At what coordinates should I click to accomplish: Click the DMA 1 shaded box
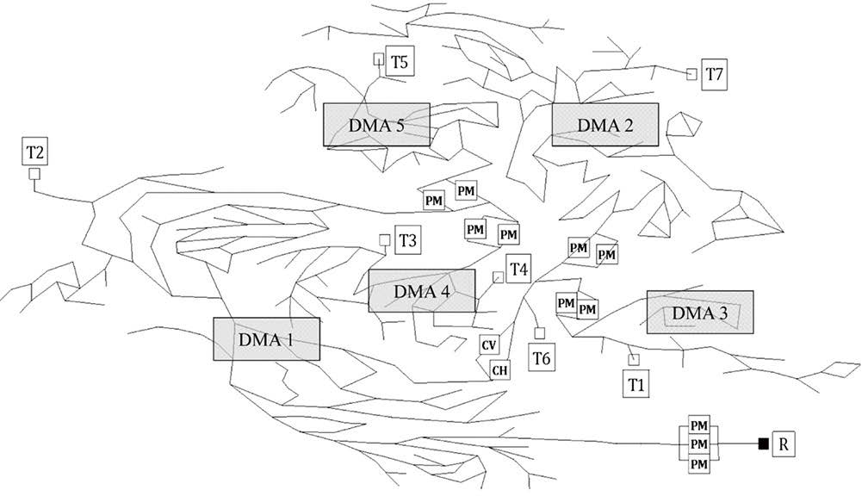tap(267, 338)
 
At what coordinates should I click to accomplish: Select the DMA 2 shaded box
tap(605, 125)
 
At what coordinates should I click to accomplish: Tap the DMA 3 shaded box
tap(700, 313)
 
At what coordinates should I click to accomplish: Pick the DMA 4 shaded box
tap(422, 291)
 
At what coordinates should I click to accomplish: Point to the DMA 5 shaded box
tap(376, 125)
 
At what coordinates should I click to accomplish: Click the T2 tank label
tap(34, 151)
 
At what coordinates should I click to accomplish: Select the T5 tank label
tap(400, 61)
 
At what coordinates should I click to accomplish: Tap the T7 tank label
tap(714, 74)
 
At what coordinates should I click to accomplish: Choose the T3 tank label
tap(408, 240)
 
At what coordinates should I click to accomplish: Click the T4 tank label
tap(518, 270)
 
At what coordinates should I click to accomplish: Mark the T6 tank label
tap(542, 358)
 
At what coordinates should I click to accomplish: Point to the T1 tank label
tap(636, 384)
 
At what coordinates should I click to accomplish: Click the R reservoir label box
tap(784, 443)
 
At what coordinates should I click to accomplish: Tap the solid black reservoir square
tap(763, 443)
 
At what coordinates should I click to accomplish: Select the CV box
tap(488, 346)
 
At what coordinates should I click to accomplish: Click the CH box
tap(499, 369)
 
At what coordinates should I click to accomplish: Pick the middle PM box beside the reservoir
tap(699, 444)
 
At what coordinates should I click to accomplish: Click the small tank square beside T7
tap(691, 74)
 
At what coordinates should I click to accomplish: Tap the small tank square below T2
tap(34, 174)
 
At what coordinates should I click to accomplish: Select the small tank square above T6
tap(540, 333)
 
